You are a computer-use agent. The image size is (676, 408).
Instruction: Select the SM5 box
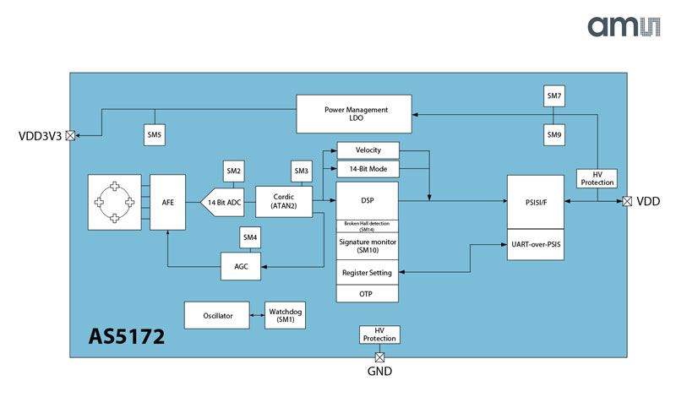coord(154,134)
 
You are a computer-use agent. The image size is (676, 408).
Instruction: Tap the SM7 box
coord(554,97)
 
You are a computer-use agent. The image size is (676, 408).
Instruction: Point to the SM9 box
coord(554,134)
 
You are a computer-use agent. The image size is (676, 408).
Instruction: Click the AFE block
coord(166,202)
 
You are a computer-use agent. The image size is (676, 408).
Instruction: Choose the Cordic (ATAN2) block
coord(283,202)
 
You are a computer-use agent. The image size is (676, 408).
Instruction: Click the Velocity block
coord(368,150)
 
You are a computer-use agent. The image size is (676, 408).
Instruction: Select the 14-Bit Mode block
coord(368,169)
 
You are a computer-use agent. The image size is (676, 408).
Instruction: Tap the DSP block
coord(368,200)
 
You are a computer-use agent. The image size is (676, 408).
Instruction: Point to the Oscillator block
coord(217,316)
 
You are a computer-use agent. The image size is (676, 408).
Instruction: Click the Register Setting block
coord(368,273)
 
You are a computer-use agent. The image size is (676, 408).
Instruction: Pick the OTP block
coord(368,294)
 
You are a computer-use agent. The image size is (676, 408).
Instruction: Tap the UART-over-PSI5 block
coord(535,245)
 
